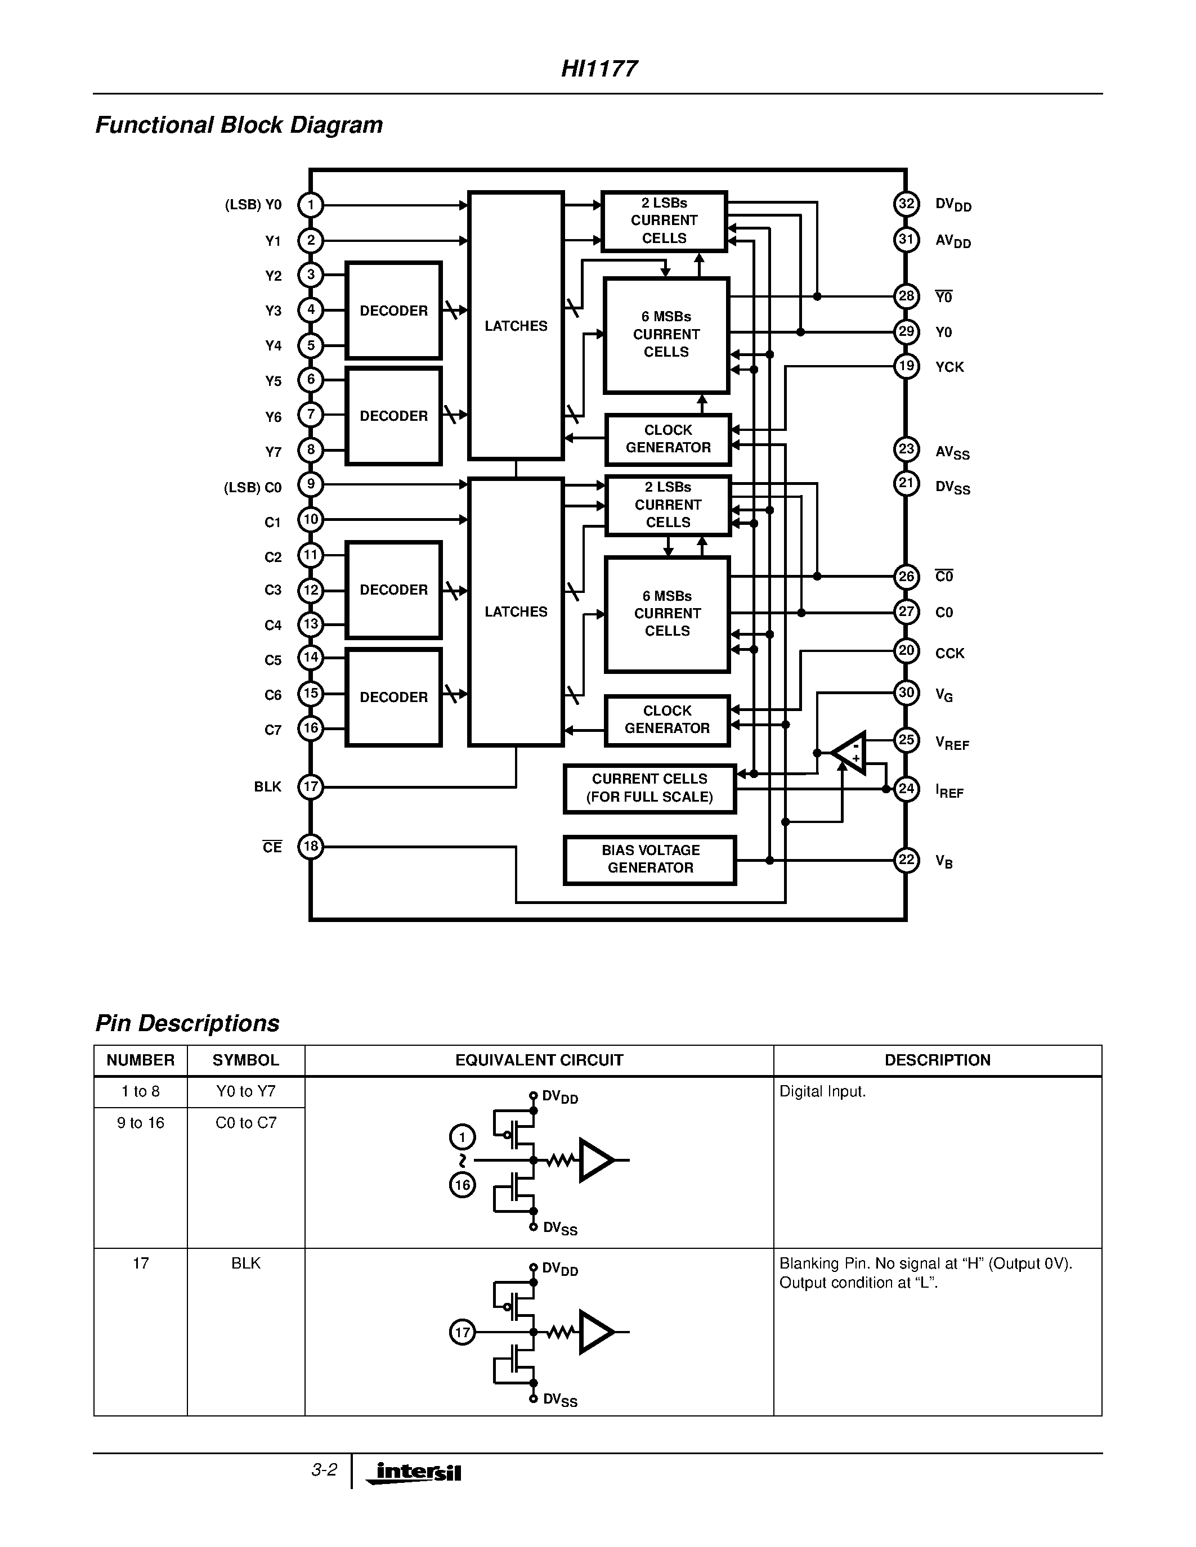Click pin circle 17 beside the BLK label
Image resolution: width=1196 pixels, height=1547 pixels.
tap(310, 786)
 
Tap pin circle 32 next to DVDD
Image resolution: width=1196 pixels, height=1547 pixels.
tap(906, 204)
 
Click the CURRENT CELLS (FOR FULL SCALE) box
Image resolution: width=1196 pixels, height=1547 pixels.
tap(649, 788)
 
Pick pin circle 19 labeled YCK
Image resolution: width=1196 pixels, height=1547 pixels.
tap(906, 366)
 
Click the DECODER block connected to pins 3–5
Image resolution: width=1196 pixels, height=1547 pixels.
tap(393, 311)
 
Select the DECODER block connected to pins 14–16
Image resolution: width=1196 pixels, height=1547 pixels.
tap(393, 697)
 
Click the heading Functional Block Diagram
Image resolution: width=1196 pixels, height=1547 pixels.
tap(239, 125)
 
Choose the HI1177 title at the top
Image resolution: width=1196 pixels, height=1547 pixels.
tap(599, 69)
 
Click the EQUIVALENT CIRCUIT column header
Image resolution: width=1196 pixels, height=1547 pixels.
tap(539, 1060)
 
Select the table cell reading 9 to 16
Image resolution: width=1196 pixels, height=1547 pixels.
tap(140, 1123)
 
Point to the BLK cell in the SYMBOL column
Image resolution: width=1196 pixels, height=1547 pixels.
tap(246, 1263)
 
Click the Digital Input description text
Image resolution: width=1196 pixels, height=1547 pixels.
tap(822, 1091)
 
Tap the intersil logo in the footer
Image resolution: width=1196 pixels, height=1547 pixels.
tap(416, 1473)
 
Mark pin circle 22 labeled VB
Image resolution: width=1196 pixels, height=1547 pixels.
tap(906, 860)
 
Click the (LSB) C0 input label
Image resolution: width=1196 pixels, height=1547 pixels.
tap(253, 487)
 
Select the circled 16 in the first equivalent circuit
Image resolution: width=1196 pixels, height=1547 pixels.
tap(462, 1185)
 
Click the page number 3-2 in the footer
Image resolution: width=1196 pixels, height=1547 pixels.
tap(324, 1470)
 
